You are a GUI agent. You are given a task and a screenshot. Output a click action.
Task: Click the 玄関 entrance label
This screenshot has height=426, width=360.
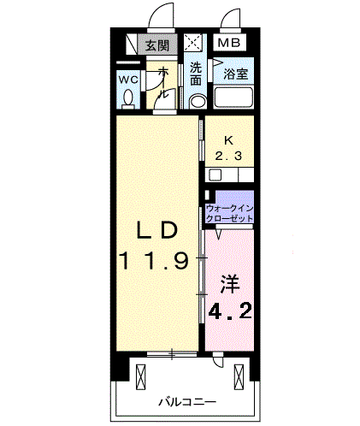click(157, 45)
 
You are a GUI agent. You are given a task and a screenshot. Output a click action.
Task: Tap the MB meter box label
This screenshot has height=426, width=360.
click(229, 43)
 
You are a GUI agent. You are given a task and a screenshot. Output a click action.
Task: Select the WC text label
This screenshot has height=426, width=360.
click(128, 80)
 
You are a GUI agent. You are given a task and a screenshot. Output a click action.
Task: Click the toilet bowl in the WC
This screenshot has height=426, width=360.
click(128, 99)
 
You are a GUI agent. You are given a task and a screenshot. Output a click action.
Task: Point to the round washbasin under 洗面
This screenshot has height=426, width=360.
click(197, 101)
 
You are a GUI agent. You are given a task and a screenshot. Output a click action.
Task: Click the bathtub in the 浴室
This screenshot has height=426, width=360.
click(233, 98)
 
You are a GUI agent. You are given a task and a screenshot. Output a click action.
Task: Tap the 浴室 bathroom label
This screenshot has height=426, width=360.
click(235, 74)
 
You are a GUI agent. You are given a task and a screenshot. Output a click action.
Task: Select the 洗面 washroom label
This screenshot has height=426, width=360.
click(196, 74)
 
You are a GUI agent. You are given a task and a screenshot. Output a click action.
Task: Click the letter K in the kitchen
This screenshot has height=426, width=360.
click(228, 140)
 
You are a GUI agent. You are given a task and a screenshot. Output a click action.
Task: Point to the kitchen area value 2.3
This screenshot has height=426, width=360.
click(228, 156)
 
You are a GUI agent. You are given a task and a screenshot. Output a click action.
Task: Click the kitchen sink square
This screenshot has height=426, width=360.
click(215, 175)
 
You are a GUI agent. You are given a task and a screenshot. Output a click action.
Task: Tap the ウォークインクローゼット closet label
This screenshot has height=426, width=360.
click(229, 213)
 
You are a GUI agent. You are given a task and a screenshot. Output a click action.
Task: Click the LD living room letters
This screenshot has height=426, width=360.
click(157, 230)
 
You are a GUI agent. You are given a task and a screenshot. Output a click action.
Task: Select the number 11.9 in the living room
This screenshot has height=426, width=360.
click(155, 261)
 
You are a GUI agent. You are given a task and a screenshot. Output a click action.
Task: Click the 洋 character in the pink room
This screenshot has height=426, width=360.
click(230, 284)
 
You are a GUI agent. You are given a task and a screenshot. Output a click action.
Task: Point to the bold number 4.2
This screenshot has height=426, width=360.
click(230, 311)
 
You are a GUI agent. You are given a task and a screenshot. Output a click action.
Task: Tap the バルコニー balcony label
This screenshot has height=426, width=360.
click(187, 402)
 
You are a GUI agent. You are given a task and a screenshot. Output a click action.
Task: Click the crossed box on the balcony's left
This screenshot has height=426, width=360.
click(141, 377)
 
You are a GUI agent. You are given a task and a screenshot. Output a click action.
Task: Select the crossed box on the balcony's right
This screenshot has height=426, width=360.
click(239, 377)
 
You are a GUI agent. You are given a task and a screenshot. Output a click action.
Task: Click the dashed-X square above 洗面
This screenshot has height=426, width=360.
click(193, 43)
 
